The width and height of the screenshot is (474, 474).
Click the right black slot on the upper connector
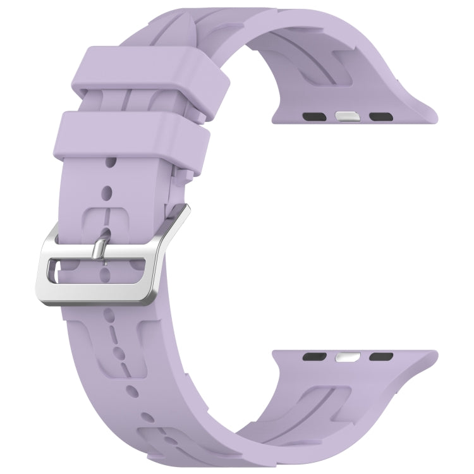click(x=380, y=117)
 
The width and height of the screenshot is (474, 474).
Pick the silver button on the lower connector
click(x=344, y=356)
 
